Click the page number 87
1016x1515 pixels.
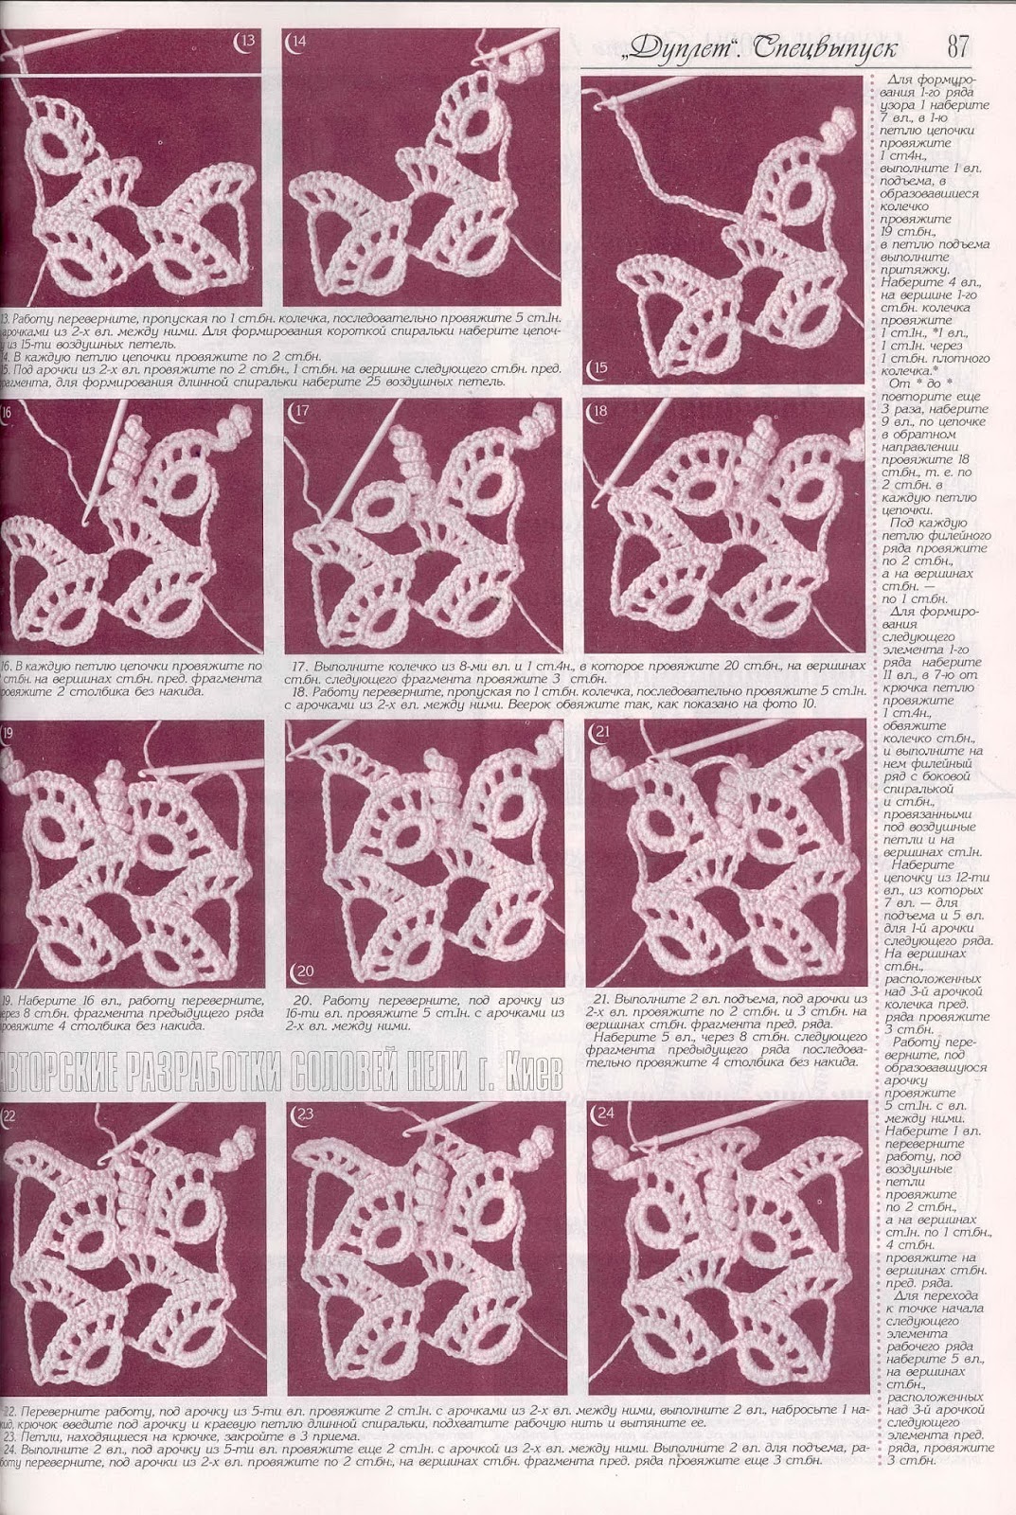point(957,45)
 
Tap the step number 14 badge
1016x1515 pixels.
point(299,41)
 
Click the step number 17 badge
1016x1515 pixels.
point(302,411)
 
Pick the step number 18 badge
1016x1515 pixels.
point(598,411)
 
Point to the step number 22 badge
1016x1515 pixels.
point(9,1114)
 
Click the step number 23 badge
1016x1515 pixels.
point(303,1114)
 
